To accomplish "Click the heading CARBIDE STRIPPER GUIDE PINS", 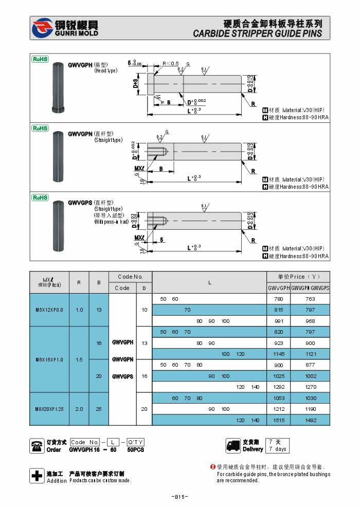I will [257, 34].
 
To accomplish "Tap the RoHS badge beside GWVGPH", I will [40, 60].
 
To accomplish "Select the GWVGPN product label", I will [80, 134].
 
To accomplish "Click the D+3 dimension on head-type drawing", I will [136, 84].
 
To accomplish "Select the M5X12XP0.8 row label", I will [49, 310].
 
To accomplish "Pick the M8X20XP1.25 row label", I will [49, 409].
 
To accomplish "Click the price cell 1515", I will [279, 420].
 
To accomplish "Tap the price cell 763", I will [310, 299].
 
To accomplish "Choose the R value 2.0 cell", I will [79, 409].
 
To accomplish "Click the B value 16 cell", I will [99, 343].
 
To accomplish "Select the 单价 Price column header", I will [298, 277].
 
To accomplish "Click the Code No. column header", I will [130, 277].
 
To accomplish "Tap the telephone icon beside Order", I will [37, 445].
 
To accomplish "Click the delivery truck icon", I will [233, 445].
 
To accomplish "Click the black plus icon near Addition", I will [37, 476].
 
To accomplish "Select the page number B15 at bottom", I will [179, 497].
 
